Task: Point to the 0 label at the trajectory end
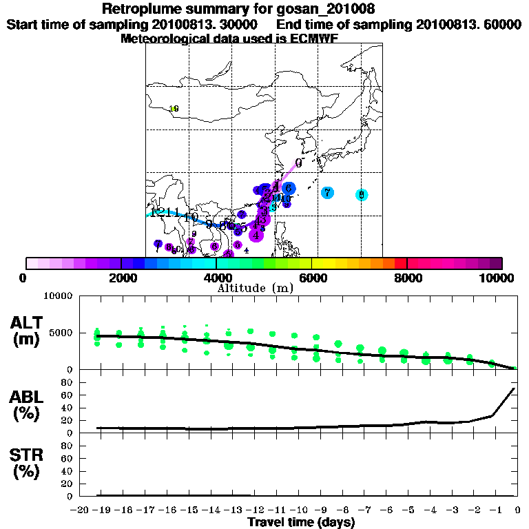click(x=298, y=163)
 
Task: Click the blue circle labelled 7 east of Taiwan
click(x=327, y=193)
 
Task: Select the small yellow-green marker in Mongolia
click(x=174, y=109)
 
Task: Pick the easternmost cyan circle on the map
click(x=361, y=195)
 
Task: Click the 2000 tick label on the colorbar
click(x=120, y=278)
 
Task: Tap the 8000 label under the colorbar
click(x=407, y=278)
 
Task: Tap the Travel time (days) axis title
click(x=301, y=522)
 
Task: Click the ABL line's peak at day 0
click(x=514, y=388)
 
